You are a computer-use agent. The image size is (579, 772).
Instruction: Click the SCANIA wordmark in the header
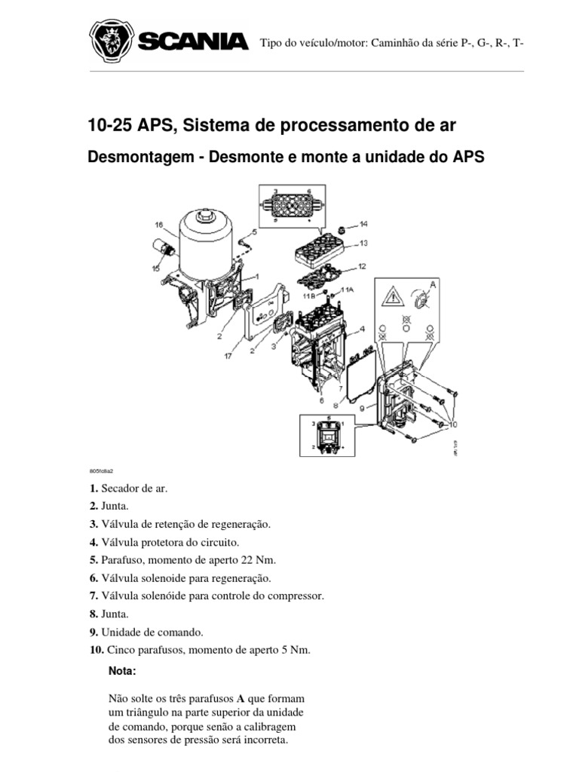[x=193, y=41]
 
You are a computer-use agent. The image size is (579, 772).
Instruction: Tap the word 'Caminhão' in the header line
[x=393, y=42]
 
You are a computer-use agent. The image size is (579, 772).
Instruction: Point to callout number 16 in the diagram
[x=159, y=224]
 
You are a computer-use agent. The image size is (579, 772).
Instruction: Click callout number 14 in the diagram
[x=363, y=224]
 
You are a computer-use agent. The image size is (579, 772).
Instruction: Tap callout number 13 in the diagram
[x=363, y=243]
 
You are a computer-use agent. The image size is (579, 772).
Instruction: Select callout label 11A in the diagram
[x=348, y=289]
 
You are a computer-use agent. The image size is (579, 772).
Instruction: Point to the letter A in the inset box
[x=432, y=286]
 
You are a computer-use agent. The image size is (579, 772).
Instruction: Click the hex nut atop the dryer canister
[x=205, y=220]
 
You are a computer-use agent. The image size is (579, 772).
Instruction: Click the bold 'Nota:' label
[x=124, y=670]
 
